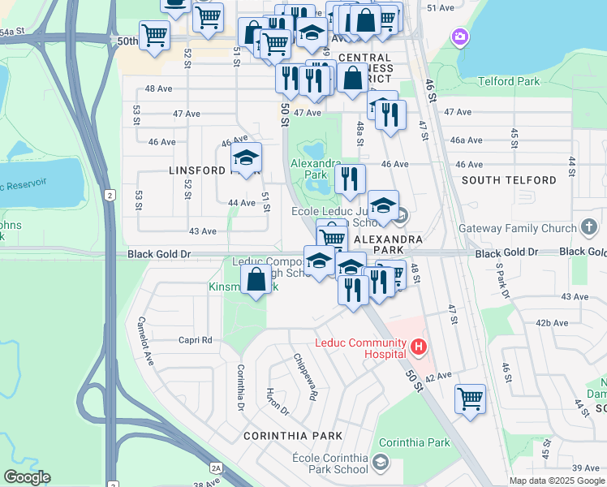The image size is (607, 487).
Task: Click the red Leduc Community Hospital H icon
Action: [419, 348]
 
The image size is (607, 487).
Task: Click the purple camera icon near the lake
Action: [461, 37]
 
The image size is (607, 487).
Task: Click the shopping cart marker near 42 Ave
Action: [470, 399]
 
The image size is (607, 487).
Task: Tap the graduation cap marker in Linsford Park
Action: [246, 157]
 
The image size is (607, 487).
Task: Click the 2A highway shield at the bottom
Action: [216, 468]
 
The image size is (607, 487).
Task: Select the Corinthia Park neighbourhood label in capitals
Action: [293, 436]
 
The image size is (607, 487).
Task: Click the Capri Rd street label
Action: [195, 340]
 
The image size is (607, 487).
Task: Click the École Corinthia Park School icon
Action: [380, 463]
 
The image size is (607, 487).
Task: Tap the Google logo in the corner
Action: [28, 477]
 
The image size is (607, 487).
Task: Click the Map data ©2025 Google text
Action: [557, 481]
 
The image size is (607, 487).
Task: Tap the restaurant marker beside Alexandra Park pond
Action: [350, 179]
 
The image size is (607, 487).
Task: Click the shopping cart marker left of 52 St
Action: [154, 36]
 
